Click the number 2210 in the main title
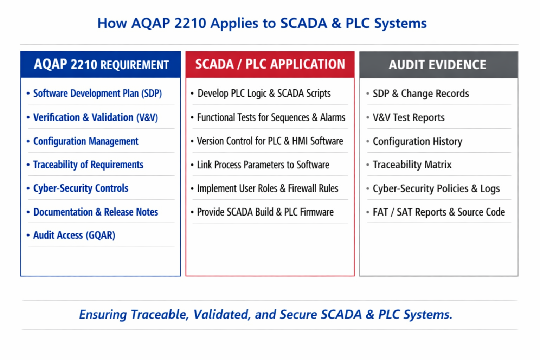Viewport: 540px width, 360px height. pyautogui.click(x=190, y=23)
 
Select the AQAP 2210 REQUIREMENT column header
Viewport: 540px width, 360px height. pyautogui.click(x=101, y=64)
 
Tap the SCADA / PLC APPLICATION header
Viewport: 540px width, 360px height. pyautogui.click(x=270, y=64)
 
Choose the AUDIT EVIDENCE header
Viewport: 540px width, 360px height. pyautogui.click(x=438, y=65)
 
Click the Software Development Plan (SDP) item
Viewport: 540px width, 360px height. pyautogui.click(x=97, y=93)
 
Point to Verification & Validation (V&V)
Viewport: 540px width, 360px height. pyautogui.click(x=96, y=117)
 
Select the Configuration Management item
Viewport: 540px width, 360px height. pyautogui.click(x=86, y=141)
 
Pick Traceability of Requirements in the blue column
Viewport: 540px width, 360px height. pyautogui.click(x=88, y=165)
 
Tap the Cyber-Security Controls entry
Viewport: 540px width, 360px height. pyautogui.click(x=81, y=188)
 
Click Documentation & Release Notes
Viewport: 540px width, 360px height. pyautogui.click(x=96, y=212)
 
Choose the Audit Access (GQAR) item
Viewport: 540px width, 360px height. pyautogui.click(x=74, y=235)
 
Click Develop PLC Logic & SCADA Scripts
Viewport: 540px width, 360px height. pyautogui.click(x=264, y=93)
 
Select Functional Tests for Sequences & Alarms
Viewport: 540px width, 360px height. pyautogui.click(x=271, y=117)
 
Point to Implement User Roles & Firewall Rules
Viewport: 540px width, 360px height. pyautogui.click(x=268, y=188)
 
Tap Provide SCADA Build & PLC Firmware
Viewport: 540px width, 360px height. pyautogui.click(x=265, y=212)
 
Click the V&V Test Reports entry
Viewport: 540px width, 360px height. pyautogui.click(x=409, y=117)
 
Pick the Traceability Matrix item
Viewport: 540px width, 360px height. pyautogui.click(x=412, y=165)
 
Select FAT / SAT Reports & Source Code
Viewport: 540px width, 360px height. pyautogui.click(x=439, y=212)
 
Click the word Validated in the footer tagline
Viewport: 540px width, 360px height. pyautogui.click(x=221, y=314)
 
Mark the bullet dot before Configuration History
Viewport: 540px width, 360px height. pyautogui.click(x=368, y=141)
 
